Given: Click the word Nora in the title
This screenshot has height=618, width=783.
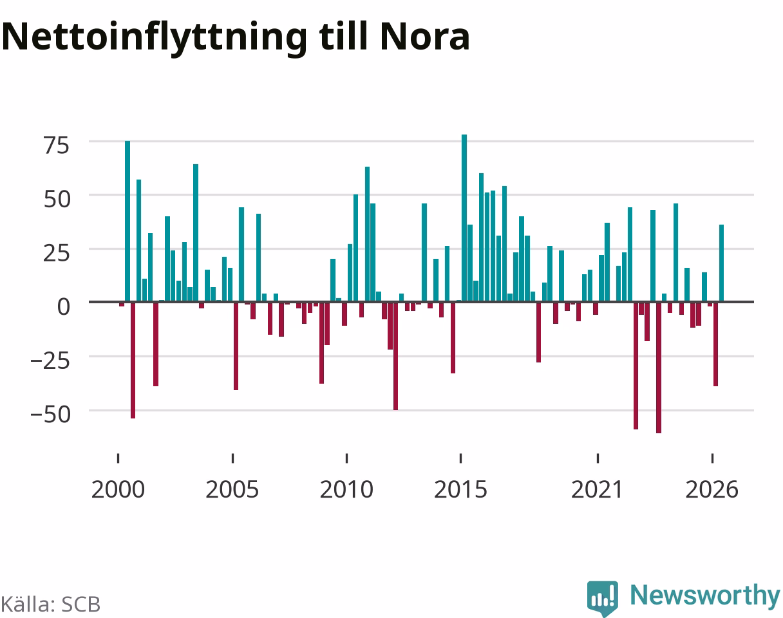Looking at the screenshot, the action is pyautogui.click(x=425, y=37).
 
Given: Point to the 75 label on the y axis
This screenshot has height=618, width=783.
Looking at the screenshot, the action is pyautogui.click(x=57, y=145).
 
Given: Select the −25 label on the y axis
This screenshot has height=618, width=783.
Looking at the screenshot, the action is pyautogui.click(x=50, y=361).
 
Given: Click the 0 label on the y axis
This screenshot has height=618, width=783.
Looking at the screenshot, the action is pyautogui.click(x=63, y=306).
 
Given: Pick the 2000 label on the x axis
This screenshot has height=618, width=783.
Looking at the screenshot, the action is pyautogui.click(x=118, y=490).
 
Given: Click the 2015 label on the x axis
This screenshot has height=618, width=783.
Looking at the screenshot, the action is pyautogui.click(x=460, y=490).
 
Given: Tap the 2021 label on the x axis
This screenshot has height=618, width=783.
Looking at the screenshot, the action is pyautogui.click(x=598, y=490).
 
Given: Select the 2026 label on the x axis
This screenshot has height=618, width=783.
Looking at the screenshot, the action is pyautogui.click(x=712, y=490).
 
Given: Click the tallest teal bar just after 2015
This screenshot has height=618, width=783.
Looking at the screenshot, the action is pyautogui.click(x=464, y=218).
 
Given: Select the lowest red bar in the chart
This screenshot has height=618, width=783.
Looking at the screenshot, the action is pyautogui.click(x=659, y=368).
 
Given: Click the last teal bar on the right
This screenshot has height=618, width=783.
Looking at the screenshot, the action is pyautogui.click(x=722, y=263).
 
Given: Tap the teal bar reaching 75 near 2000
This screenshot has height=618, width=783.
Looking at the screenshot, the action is pyautogui.click(x=127, y=221).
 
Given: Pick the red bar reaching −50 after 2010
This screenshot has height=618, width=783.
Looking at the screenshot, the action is pyautogui.click(x=395, y=356).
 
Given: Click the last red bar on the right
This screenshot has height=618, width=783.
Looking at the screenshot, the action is pyautogui.click(x=715, y=344).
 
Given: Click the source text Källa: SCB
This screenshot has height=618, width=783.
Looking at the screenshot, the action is pyautogui.click(x=51, y=604).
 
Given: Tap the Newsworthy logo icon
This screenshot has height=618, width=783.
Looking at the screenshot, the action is pyautogui.click(x=603, y=598).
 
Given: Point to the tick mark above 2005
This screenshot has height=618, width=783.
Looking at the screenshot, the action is pyautogui.click(x=232, y=458).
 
